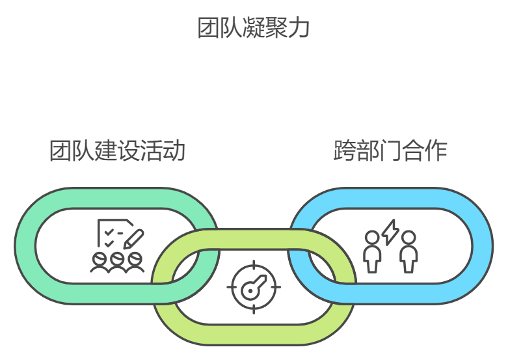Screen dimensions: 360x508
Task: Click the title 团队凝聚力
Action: (x=254, y=28)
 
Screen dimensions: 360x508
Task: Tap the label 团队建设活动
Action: (x=118, y=150)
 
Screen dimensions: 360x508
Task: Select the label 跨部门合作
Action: (x=390, y=150)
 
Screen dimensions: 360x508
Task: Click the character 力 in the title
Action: (x=299, y=28)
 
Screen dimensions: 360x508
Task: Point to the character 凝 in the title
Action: (x=254, y=28)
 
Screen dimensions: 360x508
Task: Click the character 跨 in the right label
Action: (x=344, y=150)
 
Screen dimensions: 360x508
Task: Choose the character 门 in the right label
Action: (x=390, y=150)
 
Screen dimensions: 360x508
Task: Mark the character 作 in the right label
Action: (x=436, y=150)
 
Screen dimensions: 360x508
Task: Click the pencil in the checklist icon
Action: (x=134, y=238)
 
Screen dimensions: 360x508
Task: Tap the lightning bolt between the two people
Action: (x=390, y=232)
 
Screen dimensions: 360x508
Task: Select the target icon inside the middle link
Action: (x=254, y=286)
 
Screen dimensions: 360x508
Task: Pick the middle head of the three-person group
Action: (x=117, y=259)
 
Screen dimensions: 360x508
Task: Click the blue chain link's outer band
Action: (x=481, y=246)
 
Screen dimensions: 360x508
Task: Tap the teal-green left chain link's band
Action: (x=25, y=246)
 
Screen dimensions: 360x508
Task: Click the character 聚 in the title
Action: (x=276, y=28)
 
